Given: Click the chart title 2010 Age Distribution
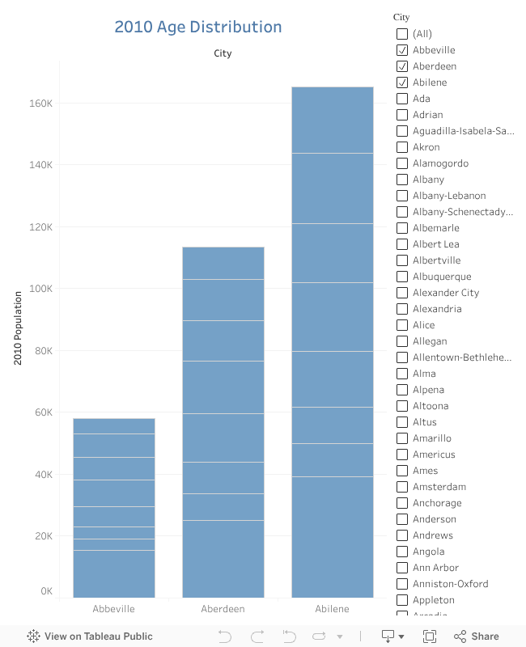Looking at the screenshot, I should tap(197, 27).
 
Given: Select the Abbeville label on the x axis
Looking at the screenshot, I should tap(113, 609).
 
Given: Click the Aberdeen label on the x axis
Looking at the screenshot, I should tap(223, 609).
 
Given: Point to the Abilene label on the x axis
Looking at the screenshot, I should tap(333, 609).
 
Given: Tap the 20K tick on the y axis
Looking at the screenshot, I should tap(41, 536).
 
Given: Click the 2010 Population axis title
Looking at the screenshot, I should tap(18, 334).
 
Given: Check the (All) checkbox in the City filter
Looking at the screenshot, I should tap(402, 34).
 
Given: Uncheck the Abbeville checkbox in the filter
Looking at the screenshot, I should tap(402, 50).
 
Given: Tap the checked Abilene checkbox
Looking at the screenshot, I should tap(402, 82).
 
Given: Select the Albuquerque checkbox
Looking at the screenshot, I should tap(402, 277).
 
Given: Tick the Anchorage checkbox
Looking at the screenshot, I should tap(402, 503).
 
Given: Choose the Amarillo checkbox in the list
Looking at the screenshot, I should tap(402, 438).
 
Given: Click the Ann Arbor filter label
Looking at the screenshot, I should tap(435, 568).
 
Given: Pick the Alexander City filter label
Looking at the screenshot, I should tap(445, 293).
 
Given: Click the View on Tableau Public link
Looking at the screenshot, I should tap(90, 636).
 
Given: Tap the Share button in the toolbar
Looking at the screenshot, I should tap(477, 636).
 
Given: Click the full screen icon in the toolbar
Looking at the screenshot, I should tap(430, 636).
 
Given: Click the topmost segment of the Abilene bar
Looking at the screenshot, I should tap(333, 120).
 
